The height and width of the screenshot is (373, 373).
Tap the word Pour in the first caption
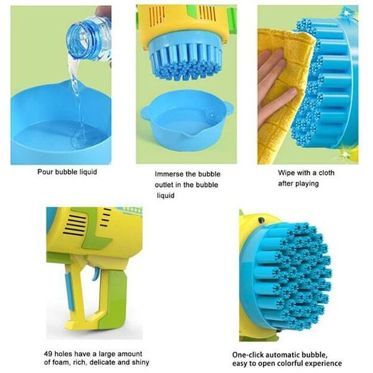45,172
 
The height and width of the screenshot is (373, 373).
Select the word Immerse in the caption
169,174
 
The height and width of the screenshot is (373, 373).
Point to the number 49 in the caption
48,354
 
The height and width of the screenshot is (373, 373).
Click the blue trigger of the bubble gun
95,274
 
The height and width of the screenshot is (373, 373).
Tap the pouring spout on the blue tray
183,137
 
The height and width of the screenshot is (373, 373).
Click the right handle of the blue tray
228,108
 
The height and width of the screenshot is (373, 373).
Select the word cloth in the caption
326,173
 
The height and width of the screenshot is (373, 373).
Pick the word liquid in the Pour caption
88,172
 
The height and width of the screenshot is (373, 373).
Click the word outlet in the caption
163,185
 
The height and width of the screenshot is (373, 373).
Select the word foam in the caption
62,362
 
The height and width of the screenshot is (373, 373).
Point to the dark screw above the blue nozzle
262,220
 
